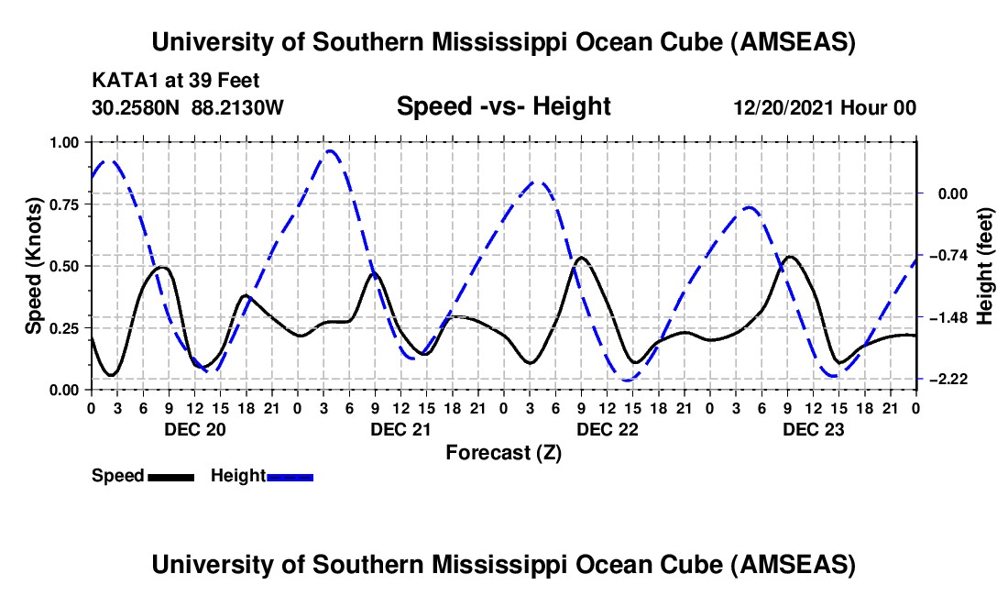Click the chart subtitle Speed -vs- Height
pyautogui.click(x=503, y=107)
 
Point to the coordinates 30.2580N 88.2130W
pyautogui.click(x=188, y=107)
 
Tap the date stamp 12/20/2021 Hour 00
pyautogui.click(x=825, y=108)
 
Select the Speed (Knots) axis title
pyautogui.click(x=34, y=266)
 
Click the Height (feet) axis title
pyautogui.click(x=984, y=266)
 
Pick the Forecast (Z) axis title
pyautogui.click(x=503, y=452)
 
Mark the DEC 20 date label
pyautogui.click(x=193, y=428)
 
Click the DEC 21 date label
pyautogui.click(x=400, y=428)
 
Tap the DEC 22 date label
pyautogui.click(x=607, y=428)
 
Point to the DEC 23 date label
pyautogui.click(x=813, y=428)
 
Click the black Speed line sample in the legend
pyautogui.click(x=170, y=477)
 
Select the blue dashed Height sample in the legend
pyautogui.click(x=290, y=477)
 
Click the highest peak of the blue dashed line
pyautogui.click(x=330, y=151)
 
